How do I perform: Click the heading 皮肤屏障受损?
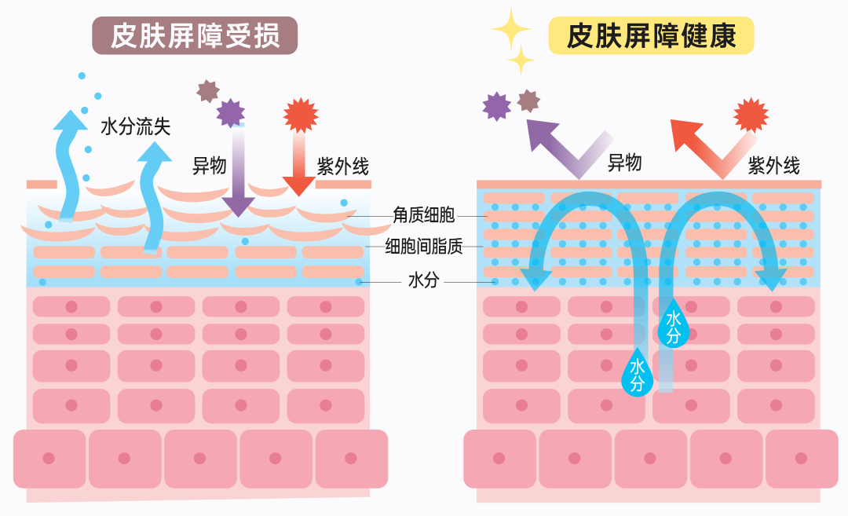coord(195,35)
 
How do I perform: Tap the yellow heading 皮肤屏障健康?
coord(651,35)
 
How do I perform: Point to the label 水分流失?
coord(135,126)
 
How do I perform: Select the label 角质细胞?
coord(423,214)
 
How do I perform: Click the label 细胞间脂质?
coord(423,247)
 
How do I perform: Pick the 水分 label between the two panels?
coord(423,280)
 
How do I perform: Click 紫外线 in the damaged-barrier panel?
coord(342,167)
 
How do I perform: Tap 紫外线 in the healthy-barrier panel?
coord(773,166)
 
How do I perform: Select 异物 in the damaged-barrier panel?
coord(209,166)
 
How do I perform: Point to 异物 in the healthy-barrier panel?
coord(624,163)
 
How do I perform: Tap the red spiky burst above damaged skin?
coord(301,115)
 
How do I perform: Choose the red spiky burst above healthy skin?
coord(751,115)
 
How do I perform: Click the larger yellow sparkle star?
coord(510,29)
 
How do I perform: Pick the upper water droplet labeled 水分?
coord(673,324)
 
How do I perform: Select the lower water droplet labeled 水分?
coord(637,372)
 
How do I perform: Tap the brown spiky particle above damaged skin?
coord(207,91)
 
